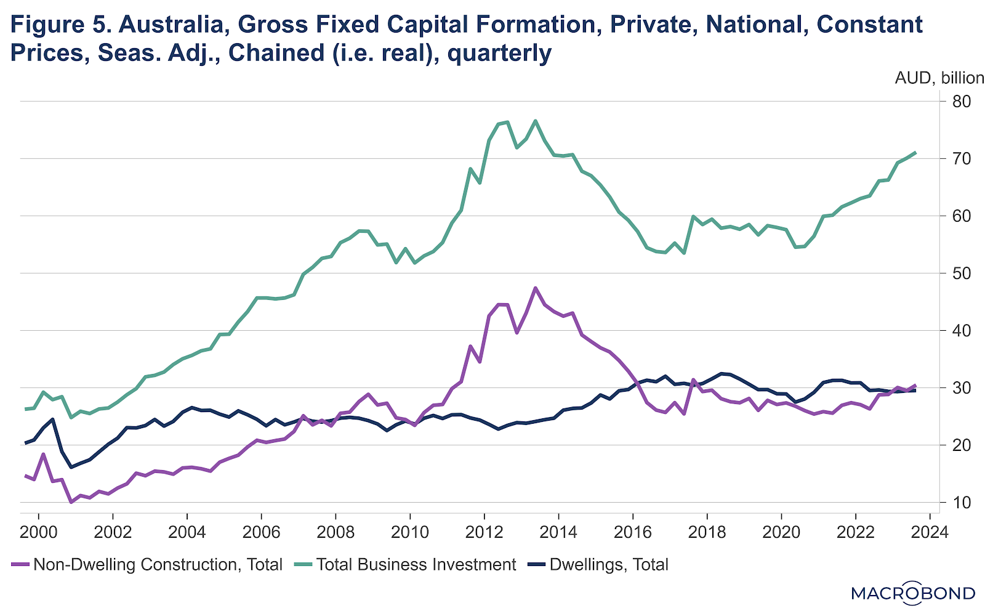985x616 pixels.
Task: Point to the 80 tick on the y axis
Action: [959, 102]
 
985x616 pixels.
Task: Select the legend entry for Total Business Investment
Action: [416, 564]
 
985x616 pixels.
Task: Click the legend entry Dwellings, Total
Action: [608, 564]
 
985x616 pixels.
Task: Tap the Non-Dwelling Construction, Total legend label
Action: [158, 564]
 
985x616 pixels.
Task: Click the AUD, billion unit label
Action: [939, 78]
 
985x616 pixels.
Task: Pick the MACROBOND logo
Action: [913, 593]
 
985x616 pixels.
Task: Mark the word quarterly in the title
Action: [499, 54]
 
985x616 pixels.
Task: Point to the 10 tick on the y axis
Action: [959, 503]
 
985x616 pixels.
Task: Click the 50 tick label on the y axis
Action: [959, 274]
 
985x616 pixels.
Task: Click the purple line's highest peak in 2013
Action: [536, 288]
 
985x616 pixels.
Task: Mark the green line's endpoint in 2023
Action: [915, 152]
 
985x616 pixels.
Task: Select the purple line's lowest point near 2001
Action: [71, 502]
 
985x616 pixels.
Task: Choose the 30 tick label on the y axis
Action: [959, 388]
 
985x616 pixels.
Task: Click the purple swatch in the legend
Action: [20, 565]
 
